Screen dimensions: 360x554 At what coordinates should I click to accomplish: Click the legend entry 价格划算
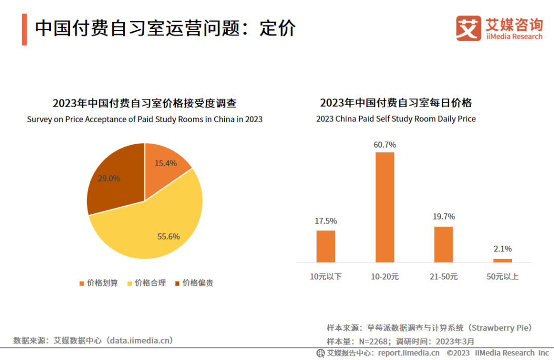tap(98, 283)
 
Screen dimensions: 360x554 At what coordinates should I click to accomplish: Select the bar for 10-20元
tap(385, 207)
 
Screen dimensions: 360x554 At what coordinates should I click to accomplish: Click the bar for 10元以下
tap(326, 246)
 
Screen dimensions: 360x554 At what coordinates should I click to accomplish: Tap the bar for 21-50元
tap(444, 244)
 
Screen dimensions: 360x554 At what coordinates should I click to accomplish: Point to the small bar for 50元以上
tap(503, 260)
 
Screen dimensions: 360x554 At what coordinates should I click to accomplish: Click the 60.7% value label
tap(385, 145)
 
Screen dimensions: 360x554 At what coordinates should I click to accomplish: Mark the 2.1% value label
tap(503, 249)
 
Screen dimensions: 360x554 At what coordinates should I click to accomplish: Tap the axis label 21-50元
tap(444, 277)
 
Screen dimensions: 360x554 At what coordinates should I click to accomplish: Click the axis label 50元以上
tap(503, 277)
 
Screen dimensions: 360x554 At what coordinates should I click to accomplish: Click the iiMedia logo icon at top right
tap(468, 28)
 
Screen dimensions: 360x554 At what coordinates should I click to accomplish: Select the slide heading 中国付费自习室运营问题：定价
tap(165, 28)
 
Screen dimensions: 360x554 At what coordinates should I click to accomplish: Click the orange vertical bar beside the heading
tap(24, 29)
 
